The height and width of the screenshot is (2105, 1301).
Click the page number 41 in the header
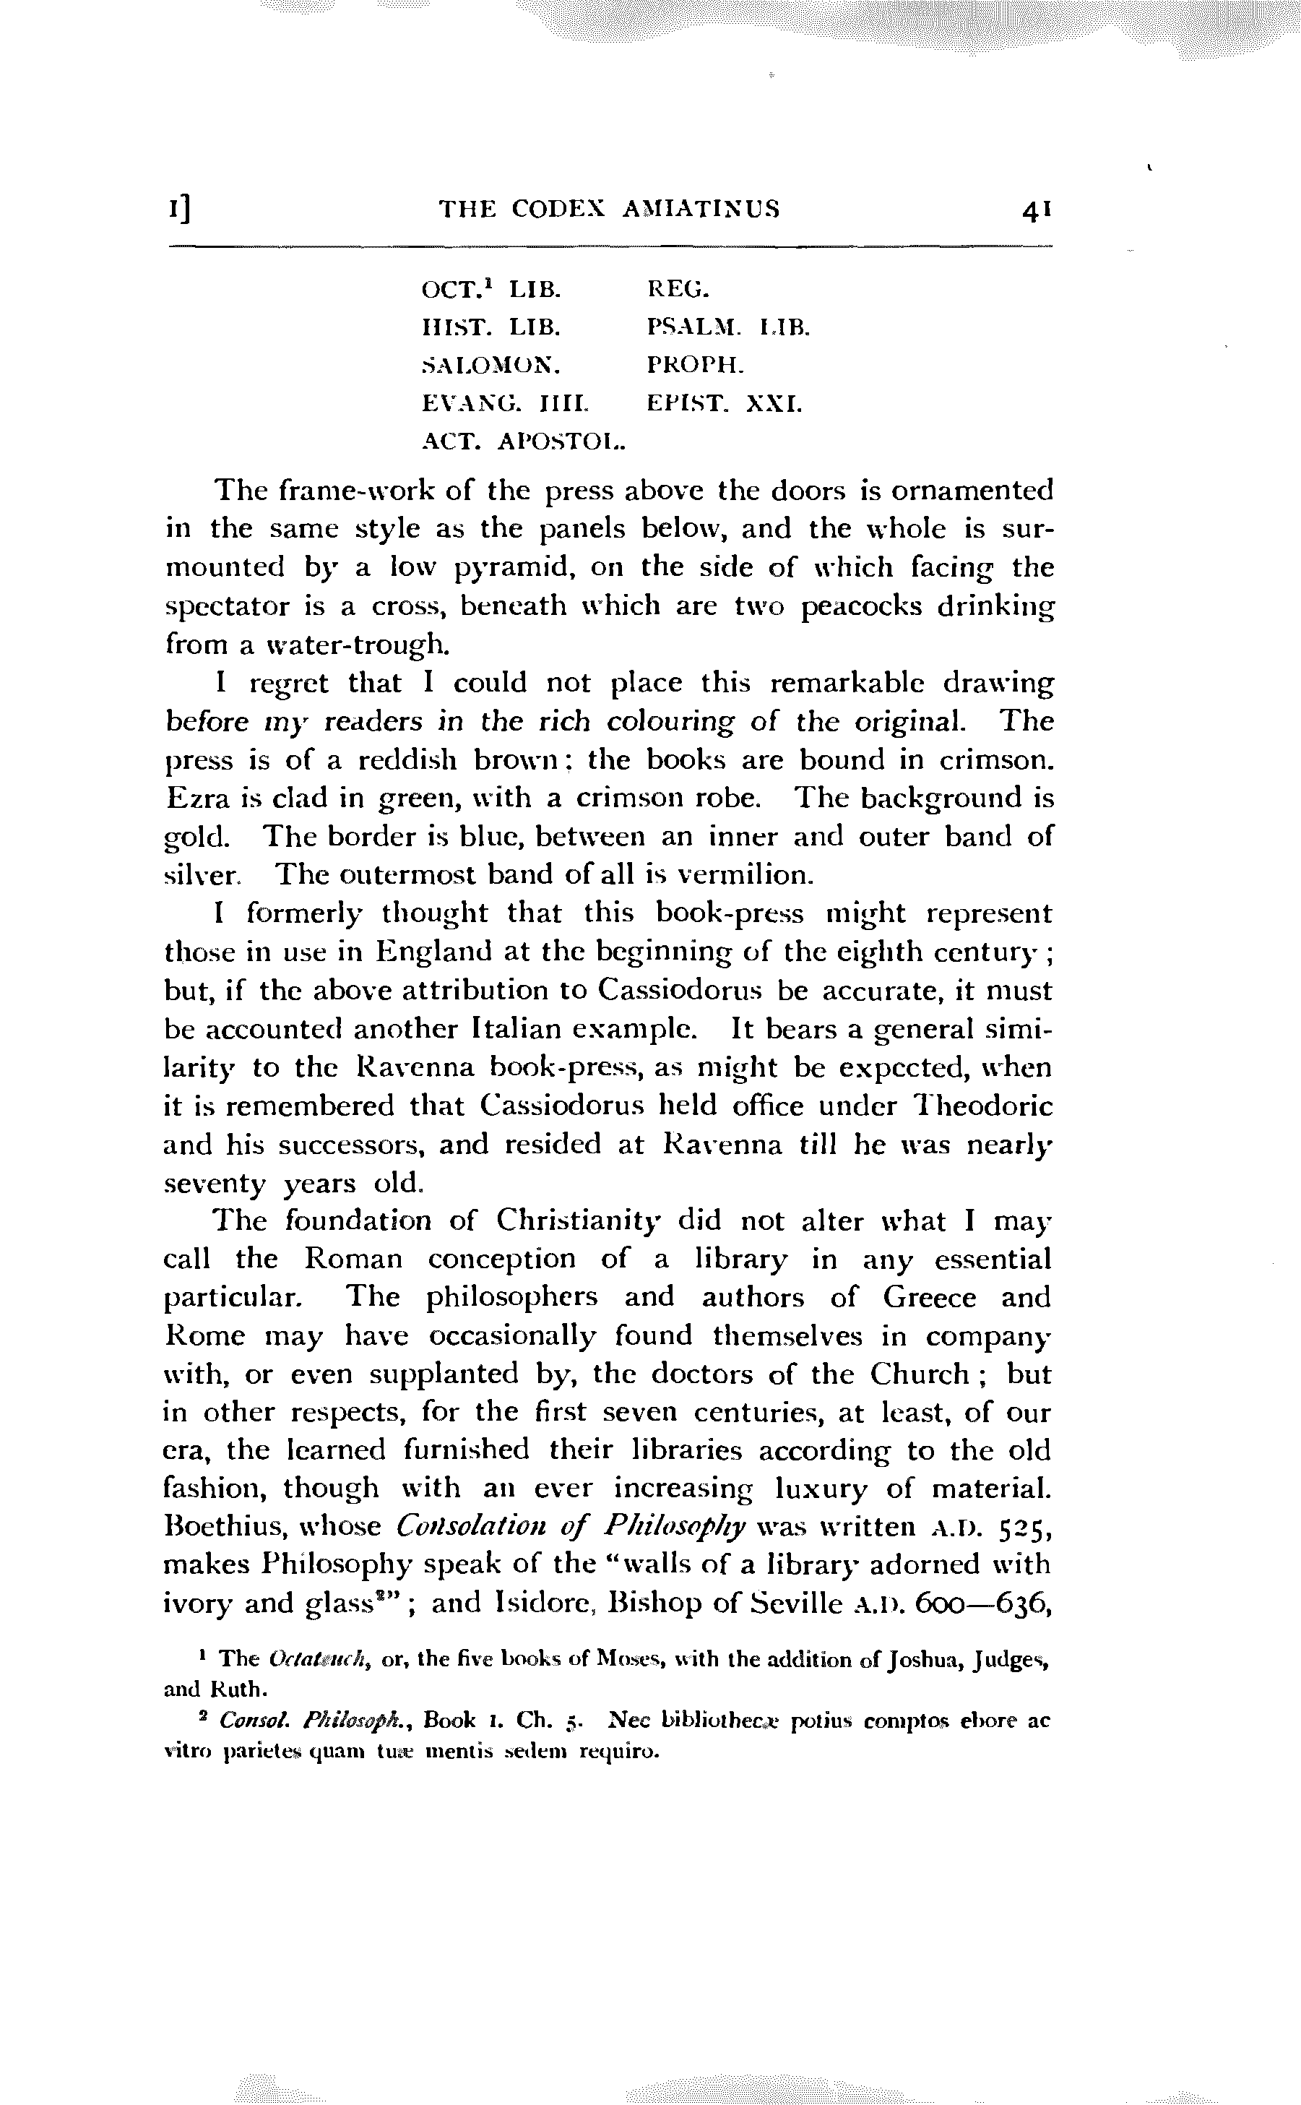pyautogui.click(x=1036, y=210)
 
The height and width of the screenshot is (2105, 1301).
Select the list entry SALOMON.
pyautogui.click(x=491, y=366)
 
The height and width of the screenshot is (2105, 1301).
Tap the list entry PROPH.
pyautogui.click(x=694, y=365)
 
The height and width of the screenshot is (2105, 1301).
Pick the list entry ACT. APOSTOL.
pyautogui.click(x=523, y=442)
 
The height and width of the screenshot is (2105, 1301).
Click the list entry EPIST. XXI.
pyautogui.click(x=724, y=404)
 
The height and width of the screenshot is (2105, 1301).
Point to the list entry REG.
pyautogui.click(x=677, y=289)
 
